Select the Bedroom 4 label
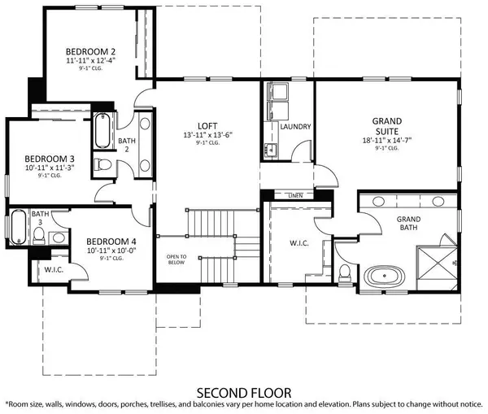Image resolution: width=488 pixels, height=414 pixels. (111, 241)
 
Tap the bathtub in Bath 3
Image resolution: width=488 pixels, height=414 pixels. (17, 229)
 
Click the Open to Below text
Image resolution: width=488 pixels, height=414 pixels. (176, 260)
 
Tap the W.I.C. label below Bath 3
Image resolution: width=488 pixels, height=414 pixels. (54, 270)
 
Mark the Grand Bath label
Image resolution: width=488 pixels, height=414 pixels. (408, 224)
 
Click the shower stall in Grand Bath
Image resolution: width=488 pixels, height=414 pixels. (437, 259)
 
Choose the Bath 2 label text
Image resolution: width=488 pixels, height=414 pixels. (125, 145)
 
